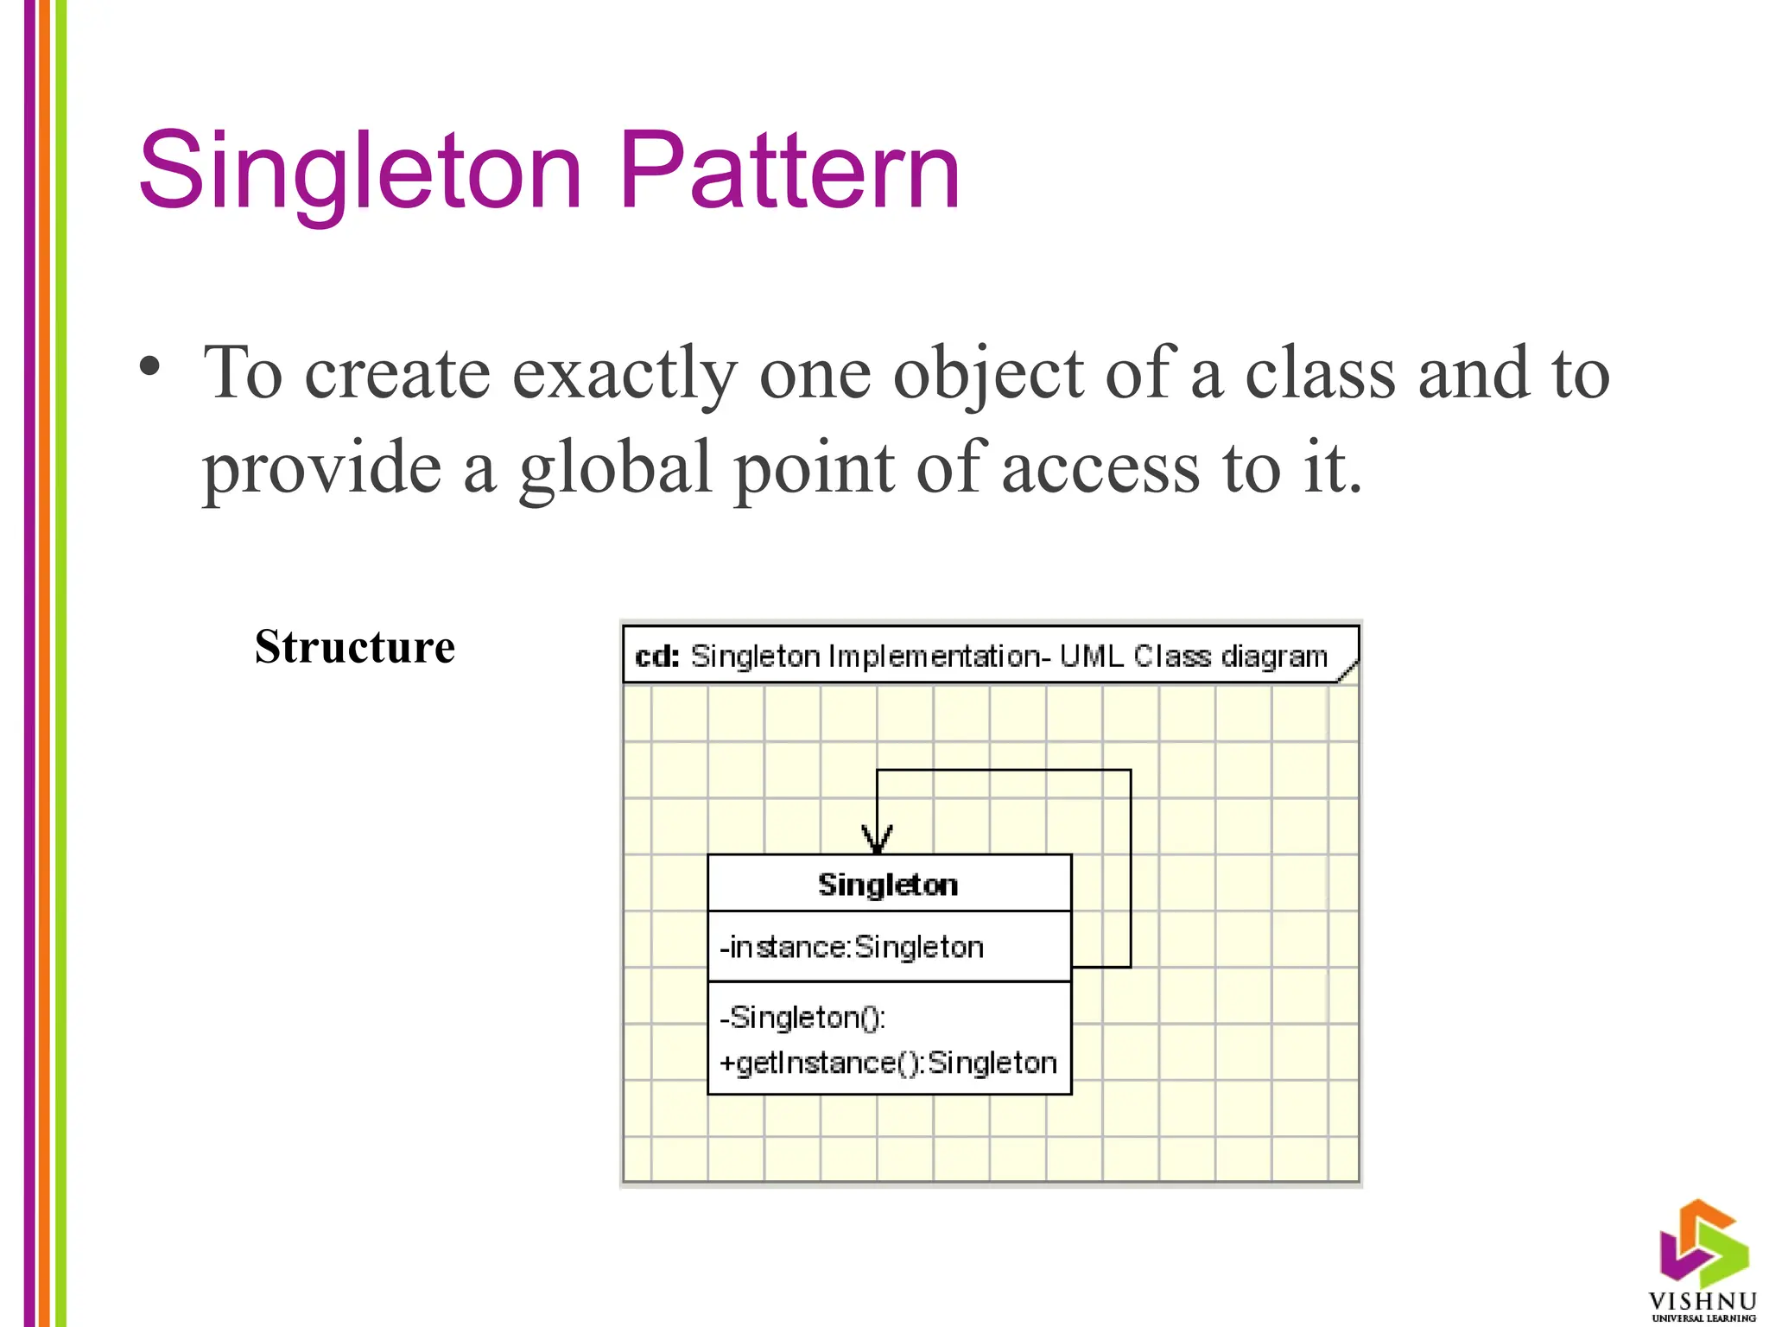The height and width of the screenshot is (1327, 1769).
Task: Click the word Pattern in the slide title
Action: [x=789, y=170]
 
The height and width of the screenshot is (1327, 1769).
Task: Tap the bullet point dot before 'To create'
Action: [x=149, y=366]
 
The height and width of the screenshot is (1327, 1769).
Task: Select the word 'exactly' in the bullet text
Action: [x=625, y=374]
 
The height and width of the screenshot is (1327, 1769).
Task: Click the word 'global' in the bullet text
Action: [x=614, y=467]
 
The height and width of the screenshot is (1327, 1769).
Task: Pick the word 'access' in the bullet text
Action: [x=1100, y=467]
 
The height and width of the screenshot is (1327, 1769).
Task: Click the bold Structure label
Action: [x=354, y=647]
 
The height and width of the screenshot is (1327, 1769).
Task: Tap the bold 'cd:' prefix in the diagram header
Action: [x=656, y=657]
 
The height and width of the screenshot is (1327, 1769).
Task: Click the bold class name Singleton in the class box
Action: [x=888, y=885]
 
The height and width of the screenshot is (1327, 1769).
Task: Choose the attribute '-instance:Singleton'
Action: [x=852, y=948]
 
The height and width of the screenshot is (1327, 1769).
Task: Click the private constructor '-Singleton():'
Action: [x=803, y=1018]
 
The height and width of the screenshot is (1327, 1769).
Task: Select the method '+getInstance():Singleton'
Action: [x=888, y=1063]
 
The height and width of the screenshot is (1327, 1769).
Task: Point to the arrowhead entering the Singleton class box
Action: [x=877, y=841]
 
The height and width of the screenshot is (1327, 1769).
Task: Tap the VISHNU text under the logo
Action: [x=1702, y=1301]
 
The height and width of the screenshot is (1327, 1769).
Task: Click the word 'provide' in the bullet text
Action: [x=322, y=467]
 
